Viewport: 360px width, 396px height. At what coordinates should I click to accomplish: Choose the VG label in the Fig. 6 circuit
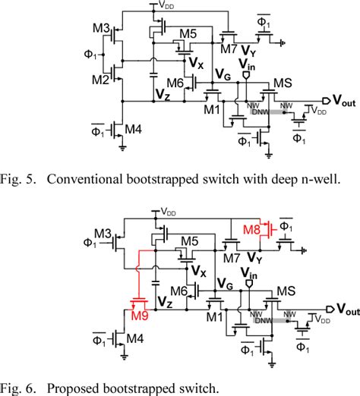click(224, 284)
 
